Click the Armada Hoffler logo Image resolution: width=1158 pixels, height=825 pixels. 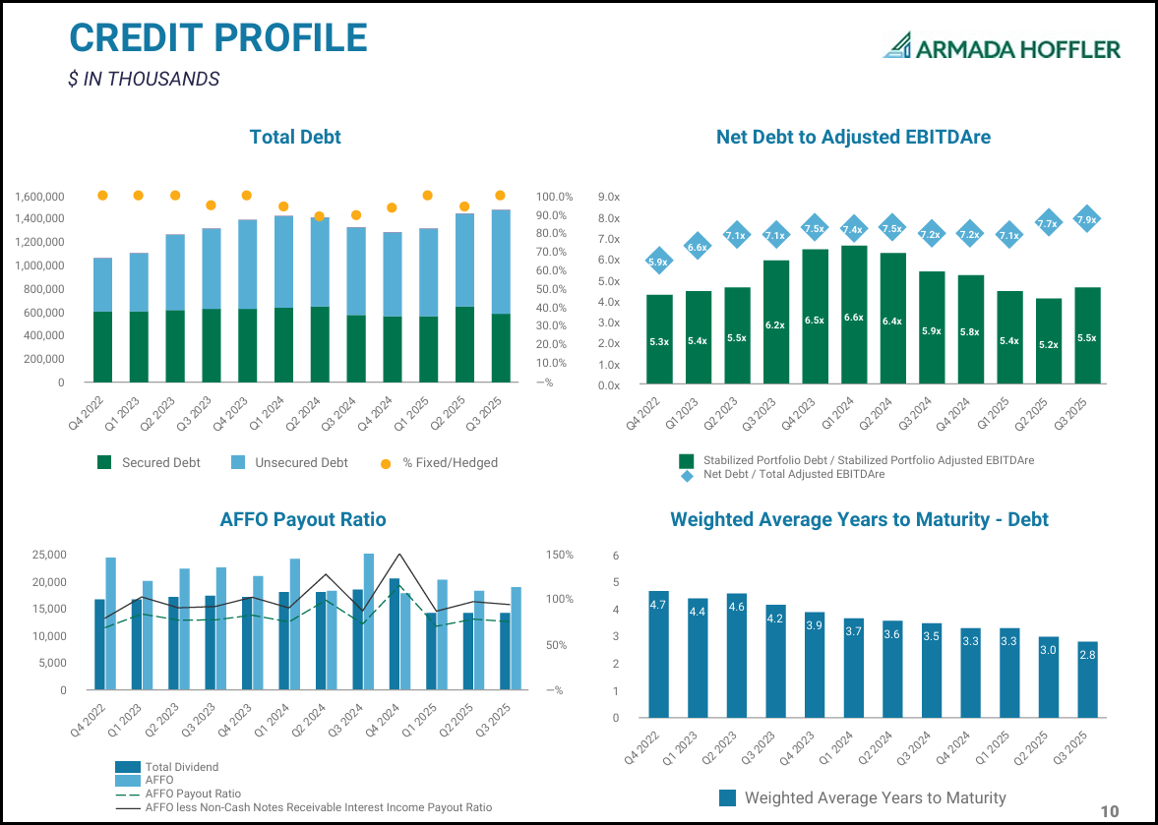tap(1002, 47)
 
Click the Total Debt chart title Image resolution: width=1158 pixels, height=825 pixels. tap(295, 137)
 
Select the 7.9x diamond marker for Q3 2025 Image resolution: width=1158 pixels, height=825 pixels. tap(1086, 219)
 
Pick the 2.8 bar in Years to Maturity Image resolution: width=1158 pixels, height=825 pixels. tap(1087, 679)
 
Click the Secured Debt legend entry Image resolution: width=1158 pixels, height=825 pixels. tap(149, 462)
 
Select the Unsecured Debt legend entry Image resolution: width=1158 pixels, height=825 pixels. tap(290, 462)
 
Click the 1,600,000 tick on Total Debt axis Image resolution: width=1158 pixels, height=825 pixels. tap(40, 197)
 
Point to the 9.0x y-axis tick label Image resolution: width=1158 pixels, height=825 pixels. tap(608, 197)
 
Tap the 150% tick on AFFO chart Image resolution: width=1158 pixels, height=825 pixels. tap(560, 555)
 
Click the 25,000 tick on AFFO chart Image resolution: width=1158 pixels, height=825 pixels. tap(48, 555)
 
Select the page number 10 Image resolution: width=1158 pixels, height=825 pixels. tap(1109, 811)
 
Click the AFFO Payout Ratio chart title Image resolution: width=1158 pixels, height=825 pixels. tap(302, 519)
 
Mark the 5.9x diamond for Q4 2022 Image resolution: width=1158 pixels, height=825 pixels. tap(658, 262)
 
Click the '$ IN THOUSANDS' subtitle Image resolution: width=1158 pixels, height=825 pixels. tap(144, 80)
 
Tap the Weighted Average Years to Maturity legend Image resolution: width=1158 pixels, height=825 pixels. tap(863, 797)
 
